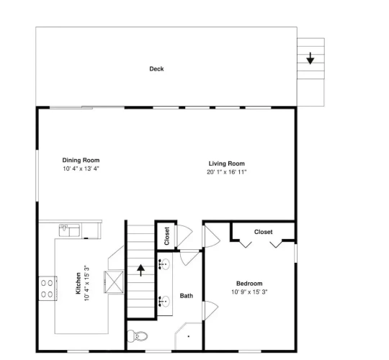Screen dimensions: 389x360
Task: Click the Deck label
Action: click(x=156, y=68)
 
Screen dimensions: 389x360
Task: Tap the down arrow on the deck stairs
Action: click(x=310, y=58)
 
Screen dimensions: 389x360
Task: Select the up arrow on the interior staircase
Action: click(x=141, y=270)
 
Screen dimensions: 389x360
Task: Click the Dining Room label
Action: click(x=81, y=160)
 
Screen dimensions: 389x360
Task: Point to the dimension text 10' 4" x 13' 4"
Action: click(x=81, y=168)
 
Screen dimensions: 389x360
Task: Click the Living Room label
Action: click(x=226, y=163)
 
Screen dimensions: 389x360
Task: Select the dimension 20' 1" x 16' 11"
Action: click(x=226, y=172)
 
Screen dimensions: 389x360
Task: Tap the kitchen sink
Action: click(x=69, y=230)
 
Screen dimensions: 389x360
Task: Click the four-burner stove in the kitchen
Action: click(x=48, y=289)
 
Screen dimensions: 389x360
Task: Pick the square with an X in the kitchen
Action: click(x=114, y=282)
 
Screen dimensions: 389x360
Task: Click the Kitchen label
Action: click(x=78, y=284)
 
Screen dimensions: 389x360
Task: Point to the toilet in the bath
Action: click(x=137, y=336)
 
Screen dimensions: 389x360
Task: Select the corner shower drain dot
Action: click(x=189, y=336)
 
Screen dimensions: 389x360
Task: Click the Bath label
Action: click(x=187, y=296)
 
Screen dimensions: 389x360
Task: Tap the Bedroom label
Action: click(x=249, y=284)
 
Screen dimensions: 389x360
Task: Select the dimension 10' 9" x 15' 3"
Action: click(x=249, y=292)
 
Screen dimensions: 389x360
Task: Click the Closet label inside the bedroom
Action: click(x=263, y=232)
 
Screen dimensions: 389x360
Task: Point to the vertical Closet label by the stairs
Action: click(x=167, y=236)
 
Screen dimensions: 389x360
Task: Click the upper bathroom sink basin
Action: click(x=164, y=264)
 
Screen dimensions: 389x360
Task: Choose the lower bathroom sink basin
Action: click(x=164, y=301)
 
